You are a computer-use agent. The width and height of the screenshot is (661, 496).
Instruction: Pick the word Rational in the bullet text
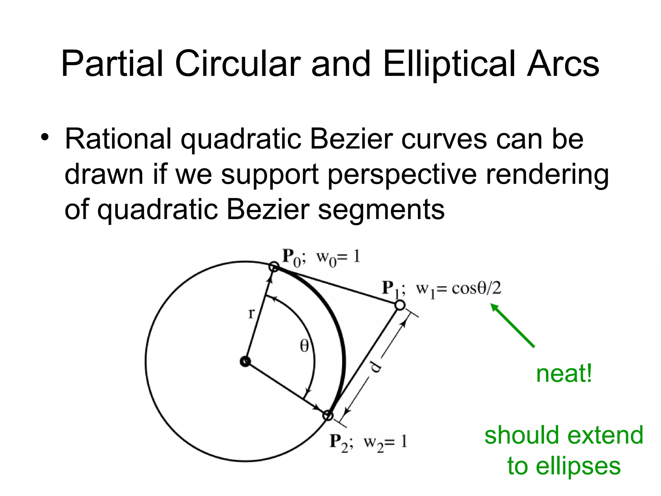118,139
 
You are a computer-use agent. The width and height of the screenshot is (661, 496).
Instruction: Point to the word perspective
402,175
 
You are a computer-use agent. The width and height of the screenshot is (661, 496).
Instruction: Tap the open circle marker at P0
274,267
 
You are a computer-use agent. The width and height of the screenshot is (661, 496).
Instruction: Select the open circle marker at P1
400,305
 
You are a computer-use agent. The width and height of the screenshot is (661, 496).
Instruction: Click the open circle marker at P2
328,415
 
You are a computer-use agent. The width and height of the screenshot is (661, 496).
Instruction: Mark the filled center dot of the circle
245,361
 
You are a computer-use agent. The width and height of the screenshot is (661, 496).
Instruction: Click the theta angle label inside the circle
304,346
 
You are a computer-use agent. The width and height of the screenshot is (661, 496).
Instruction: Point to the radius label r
251,313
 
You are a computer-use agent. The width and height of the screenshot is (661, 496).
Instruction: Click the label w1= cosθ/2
458,289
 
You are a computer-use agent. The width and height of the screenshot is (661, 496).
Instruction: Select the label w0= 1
338,258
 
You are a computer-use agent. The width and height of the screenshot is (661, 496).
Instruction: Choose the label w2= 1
385,442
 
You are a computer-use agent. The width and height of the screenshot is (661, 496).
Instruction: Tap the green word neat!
564,374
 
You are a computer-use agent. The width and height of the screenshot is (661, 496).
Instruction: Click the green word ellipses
578,466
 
